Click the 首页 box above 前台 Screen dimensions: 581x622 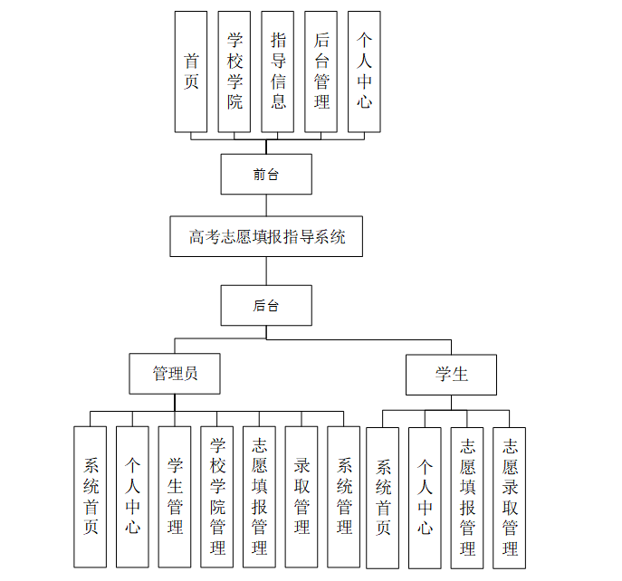[191, 71]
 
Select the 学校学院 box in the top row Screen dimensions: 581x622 [234, 71]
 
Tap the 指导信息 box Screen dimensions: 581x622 [278, 71]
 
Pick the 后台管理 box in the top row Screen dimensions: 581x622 [321, 71]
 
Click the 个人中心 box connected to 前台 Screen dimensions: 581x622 [364, 71]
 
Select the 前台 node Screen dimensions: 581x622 [266, 174]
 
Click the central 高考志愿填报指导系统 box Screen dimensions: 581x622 [266, 237]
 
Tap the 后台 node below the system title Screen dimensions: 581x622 [266, 306]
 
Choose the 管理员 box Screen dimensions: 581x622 [175, 374]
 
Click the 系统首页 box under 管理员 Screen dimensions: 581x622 [91, 497]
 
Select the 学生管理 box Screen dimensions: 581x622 [175, 497]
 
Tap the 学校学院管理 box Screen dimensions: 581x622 [217, 497]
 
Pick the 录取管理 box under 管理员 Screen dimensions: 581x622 [301, 497]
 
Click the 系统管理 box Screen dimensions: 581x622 [344, 497]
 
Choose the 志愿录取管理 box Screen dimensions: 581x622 [510, 498]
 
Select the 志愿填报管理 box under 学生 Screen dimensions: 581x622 [467, 498]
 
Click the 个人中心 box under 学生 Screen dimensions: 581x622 [425, 498]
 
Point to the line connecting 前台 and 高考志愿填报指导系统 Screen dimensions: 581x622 [266, 205]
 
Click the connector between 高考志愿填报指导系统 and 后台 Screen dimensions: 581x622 [266, 271]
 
